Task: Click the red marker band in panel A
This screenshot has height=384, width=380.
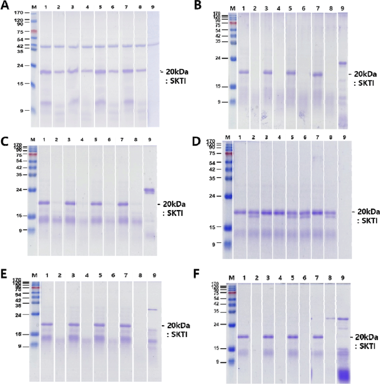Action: (x=34, y=31)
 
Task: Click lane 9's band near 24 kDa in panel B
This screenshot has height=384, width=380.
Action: (x=343, y=63)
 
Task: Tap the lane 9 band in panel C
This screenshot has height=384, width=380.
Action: (x=149, y=190)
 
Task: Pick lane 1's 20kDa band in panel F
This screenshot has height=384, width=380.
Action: (x=243, y=337)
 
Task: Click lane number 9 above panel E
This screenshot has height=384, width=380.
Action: (x=153, y=275)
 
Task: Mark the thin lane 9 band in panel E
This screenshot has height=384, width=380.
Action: (x=153, y=310)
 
